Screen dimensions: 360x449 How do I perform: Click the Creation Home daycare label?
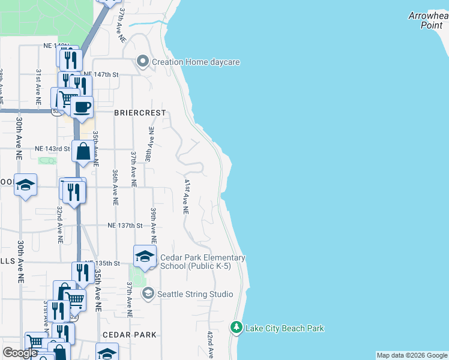coord(196,62)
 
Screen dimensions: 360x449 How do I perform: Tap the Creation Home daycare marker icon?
coord(143,61)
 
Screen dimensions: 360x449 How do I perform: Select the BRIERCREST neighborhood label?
coord(139,112)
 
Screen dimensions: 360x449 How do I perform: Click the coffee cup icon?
coord(82,107)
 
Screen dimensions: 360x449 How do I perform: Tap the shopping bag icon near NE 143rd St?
coord(83,152)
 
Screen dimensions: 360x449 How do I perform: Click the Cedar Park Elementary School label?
coord(202,262)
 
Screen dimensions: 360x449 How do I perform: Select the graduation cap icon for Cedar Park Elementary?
coord(145,256)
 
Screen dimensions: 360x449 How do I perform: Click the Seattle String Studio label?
coord(194,294)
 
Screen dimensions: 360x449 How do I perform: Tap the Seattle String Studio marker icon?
coord(148,294)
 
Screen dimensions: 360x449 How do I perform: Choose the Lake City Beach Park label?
coord(285,328)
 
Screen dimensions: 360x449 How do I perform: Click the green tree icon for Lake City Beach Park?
coord(237,328)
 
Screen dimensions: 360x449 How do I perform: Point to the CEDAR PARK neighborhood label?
coord(129,335)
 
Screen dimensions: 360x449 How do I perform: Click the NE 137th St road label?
coord(125,226)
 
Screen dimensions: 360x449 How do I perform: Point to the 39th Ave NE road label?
coord(154,223)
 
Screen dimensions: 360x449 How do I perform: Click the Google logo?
coord(20,353)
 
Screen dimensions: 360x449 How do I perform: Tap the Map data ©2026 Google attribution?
coord(412,355)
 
